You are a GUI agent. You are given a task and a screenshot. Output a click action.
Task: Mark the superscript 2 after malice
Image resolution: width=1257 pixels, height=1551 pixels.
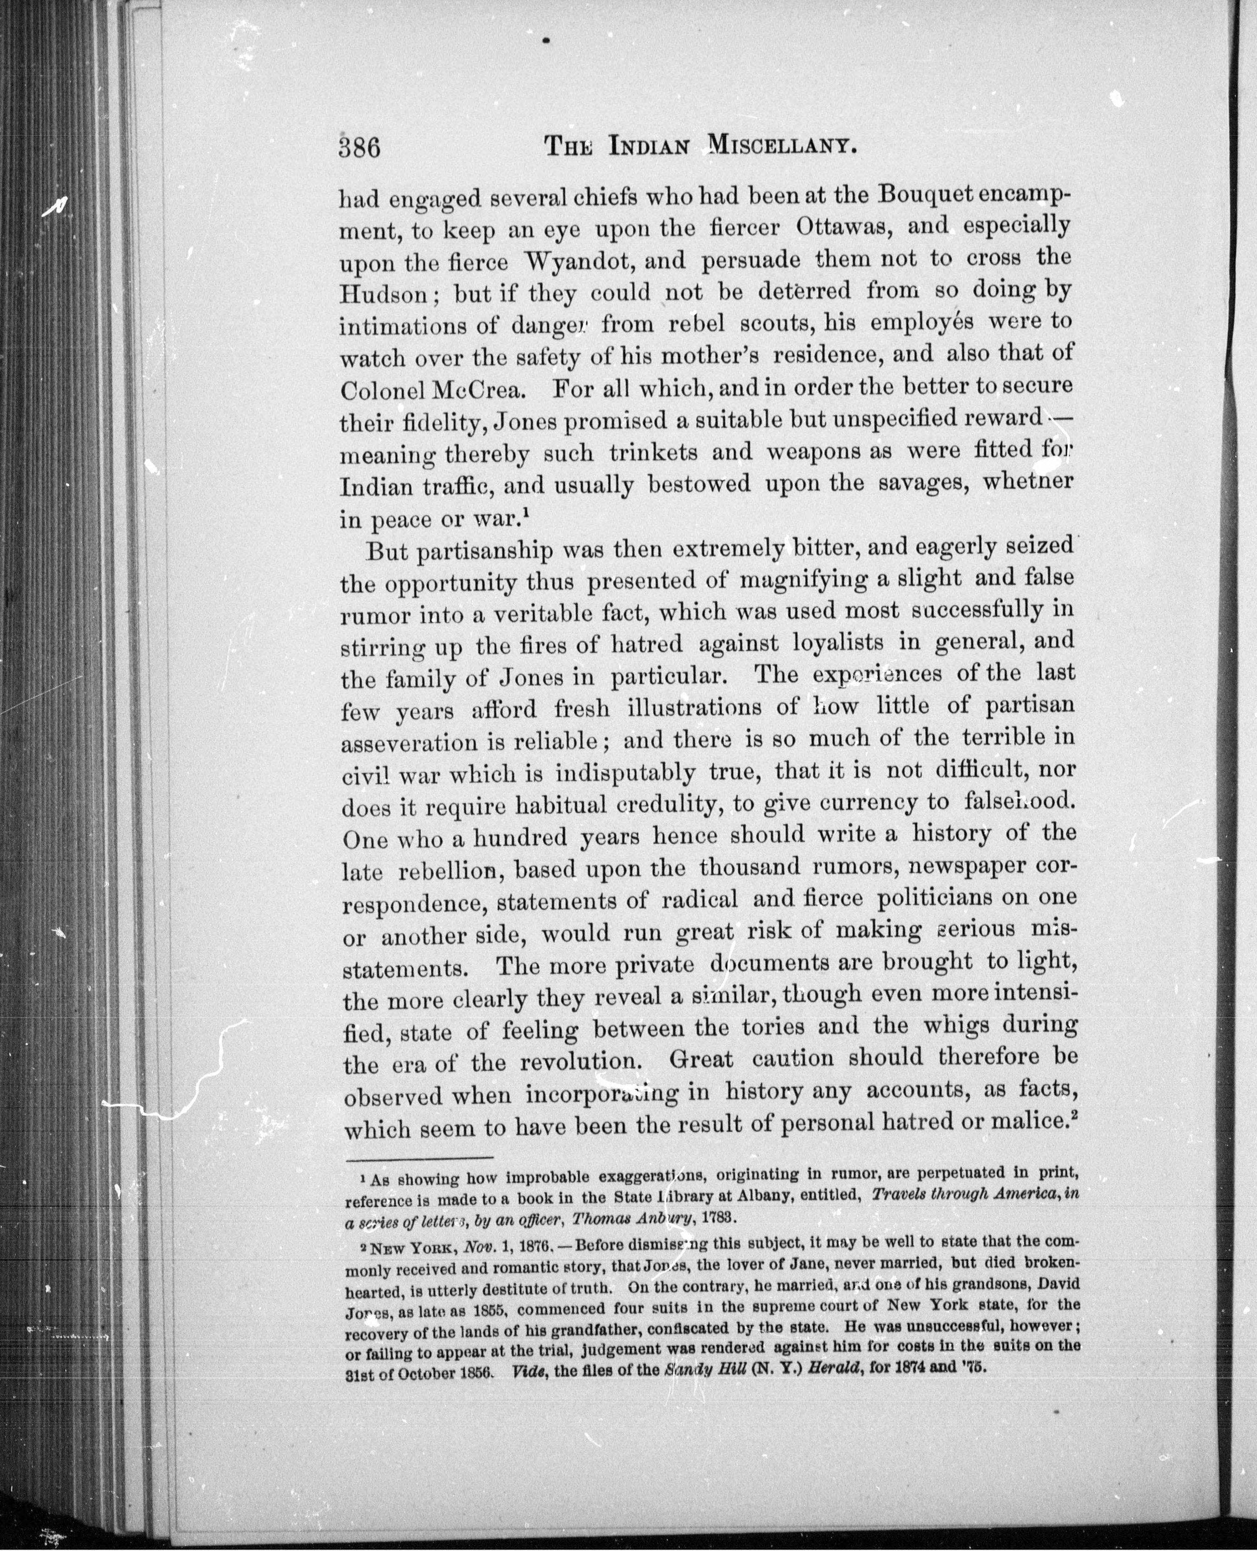pyautogui.click(x=1074, y=1116)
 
